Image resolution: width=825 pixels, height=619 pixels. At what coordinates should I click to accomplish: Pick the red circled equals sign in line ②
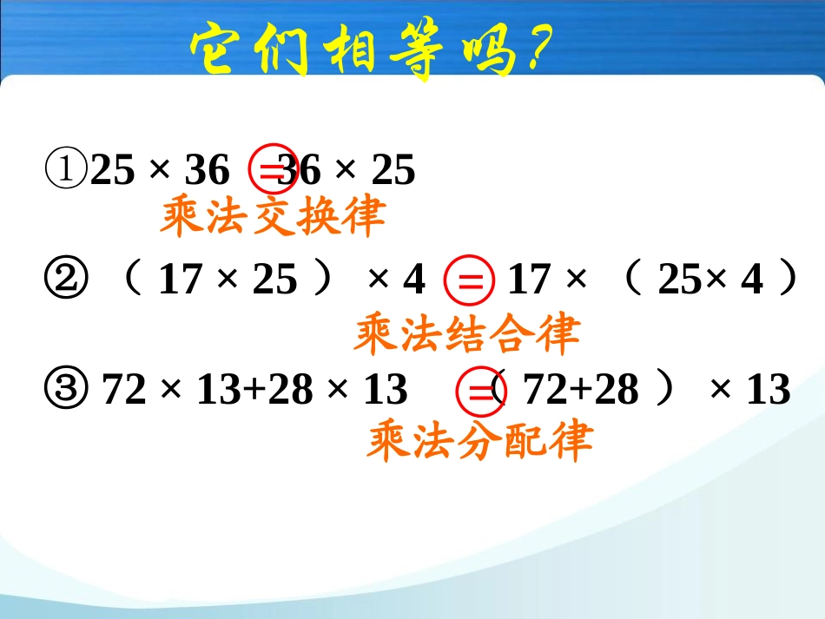click(469, 281)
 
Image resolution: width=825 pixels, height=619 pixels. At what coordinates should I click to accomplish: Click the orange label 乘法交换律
click(272, 218)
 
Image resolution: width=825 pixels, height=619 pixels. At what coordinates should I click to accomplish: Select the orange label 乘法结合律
click(466, 333)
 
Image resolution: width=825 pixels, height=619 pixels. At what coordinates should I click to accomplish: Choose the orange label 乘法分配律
click(479, 440)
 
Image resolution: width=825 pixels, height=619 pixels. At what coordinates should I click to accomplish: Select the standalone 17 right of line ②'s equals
click(529, 280)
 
